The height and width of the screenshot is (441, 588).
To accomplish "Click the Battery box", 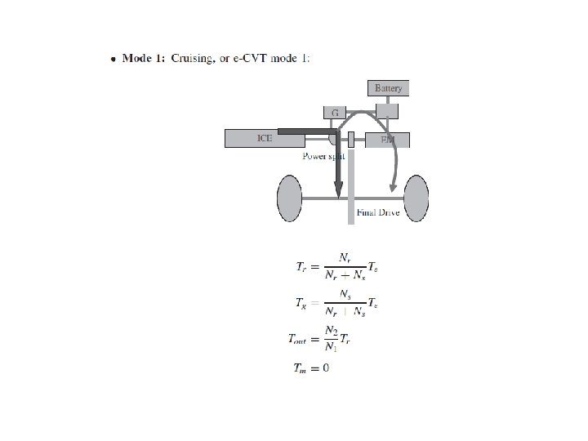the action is click(x=388, y=87).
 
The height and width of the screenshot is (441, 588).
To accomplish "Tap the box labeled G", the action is click(x=336, y=112).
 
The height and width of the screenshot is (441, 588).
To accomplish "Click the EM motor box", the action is click(x=387, y=140).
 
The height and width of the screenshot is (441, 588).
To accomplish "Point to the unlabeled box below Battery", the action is click(x=386, y=111).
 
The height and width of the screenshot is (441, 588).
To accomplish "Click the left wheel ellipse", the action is click(x=290, y=198).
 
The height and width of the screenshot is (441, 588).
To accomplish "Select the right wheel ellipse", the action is click(x=415, y=198).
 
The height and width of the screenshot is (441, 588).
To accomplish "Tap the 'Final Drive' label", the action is click(x=378, y=212).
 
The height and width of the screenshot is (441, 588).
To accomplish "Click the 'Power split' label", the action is click(x=323, y=155).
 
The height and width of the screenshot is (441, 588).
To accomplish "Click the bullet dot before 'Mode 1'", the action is click(x=113, y=59).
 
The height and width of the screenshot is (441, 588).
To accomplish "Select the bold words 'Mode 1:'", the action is click(x=144, y=58).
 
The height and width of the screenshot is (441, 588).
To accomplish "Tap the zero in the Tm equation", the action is click(x=326, y=368).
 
